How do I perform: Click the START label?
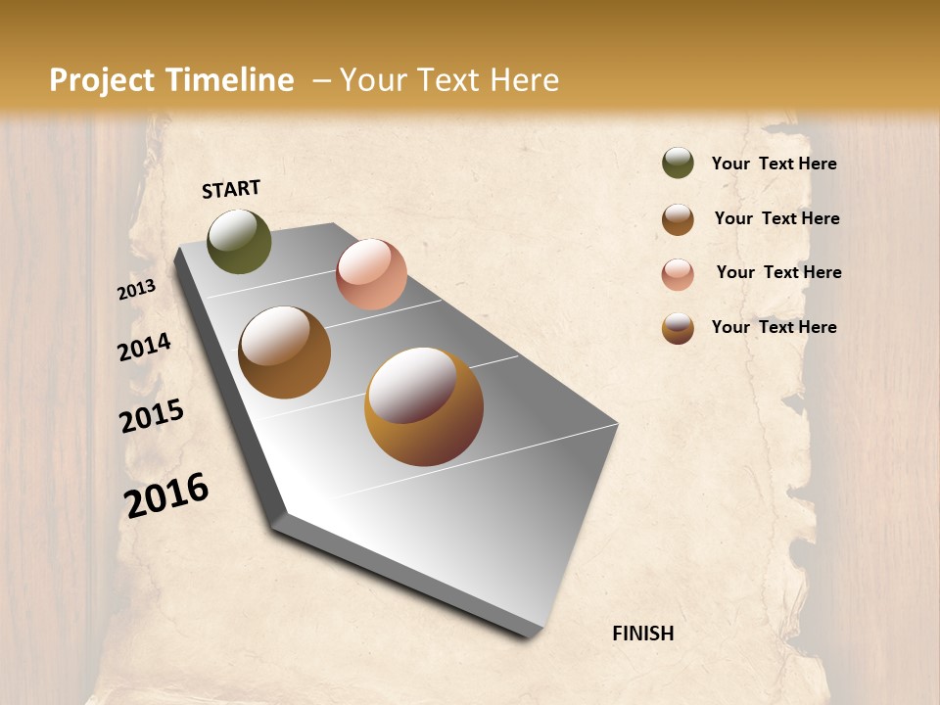[231, 189]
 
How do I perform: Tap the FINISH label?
[642, 634]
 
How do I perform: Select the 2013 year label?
[137, 290]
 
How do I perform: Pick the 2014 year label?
[145, 347]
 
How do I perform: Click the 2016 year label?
[166, 495]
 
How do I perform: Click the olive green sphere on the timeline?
[239, 242]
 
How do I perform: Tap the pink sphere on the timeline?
[371, 274]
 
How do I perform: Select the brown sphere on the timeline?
[284, 352]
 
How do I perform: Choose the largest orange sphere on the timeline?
[424, 406]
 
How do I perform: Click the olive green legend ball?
[678, 163]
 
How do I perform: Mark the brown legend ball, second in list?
[678, 219]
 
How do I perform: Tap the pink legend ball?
[678, 274]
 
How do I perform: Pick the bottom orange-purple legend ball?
[678, 328]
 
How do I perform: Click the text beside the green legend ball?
[774, 164]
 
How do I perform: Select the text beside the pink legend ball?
[778, 272]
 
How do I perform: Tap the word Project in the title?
[101, 80]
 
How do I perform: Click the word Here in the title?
[524, 80]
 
